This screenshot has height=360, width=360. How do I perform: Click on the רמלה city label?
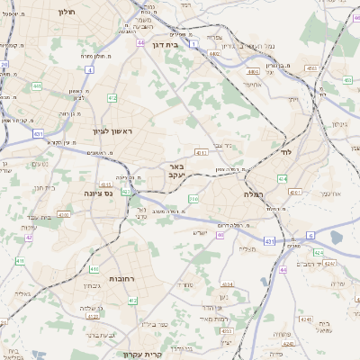[253, 193]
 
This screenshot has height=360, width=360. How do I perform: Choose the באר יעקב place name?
[176, 171]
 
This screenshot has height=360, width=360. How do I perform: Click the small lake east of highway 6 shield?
[337, 237]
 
